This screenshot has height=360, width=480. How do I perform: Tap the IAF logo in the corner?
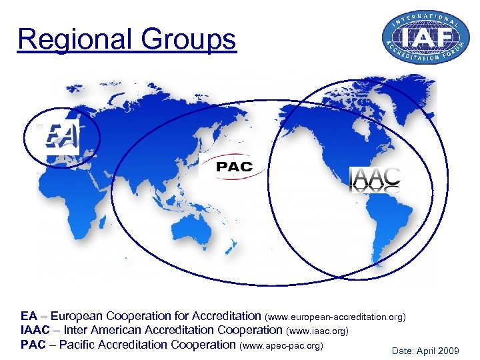coord(421,38)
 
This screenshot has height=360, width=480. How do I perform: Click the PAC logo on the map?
coord(234,167)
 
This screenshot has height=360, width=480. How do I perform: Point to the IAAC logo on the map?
coord(375,179)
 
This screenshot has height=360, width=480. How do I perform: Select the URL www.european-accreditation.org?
coord(335,316)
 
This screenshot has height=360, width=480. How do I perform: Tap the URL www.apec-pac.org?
coord(281,345)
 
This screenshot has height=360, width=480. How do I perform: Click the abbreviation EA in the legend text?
coord(29,316)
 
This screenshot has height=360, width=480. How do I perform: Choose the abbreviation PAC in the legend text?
coord(33,345)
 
